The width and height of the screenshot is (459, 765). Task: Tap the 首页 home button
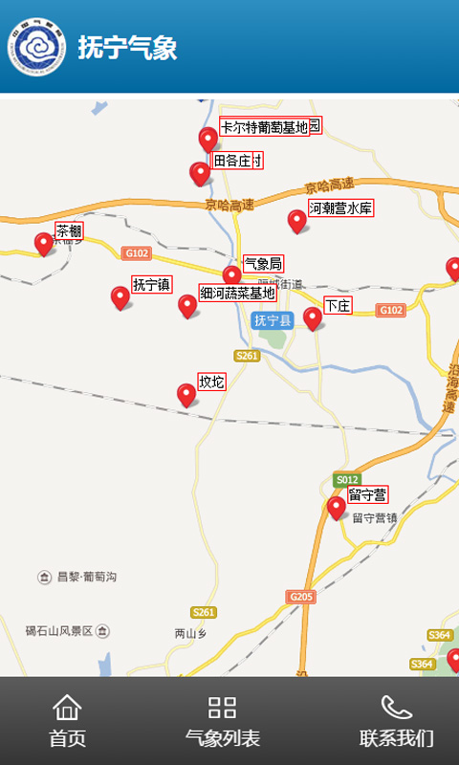(x=67, y=721)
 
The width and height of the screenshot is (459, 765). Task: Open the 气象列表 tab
(x=222, y=721)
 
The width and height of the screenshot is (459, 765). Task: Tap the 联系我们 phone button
(x=396, y=721)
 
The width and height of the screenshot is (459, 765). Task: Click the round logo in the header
(x=36, y=48)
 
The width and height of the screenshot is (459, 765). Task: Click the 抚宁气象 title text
(x=127, y=48)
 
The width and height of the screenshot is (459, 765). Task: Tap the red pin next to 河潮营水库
(x=297, y=220)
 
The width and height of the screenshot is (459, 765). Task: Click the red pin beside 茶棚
(x=43, y=243)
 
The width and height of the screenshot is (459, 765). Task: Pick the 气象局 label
(x=263, y=263)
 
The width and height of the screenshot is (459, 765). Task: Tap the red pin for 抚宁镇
(x=120, y=296)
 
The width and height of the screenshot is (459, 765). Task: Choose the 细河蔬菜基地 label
(x=237, y=293)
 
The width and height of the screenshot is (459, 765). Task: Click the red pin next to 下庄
(x=313, y=317)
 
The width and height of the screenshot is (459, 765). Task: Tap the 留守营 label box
(x=367, y=494)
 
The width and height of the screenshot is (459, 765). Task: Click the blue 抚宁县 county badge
(x=273, y=320)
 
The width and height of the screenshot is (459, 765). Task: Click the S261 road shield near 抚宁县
(x=247, y=356)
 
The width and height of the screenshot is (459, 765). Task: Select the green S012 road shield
(x=347, y=479)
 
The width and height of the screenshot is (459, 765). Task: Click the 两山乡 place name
(x=190, y=633)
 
